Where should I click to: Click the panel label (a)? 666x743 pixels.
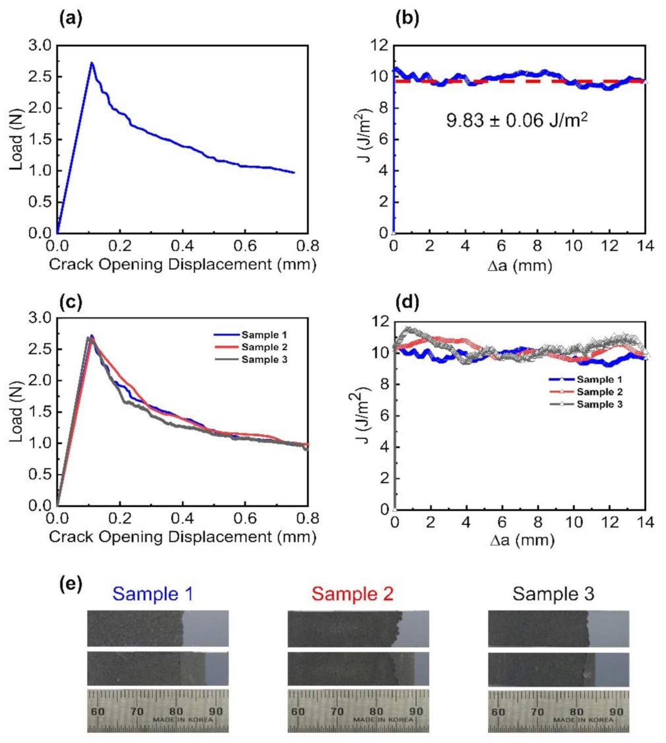tap(70, 19)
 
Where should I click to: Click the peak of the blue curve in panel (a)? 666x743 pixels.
tap(92, 63)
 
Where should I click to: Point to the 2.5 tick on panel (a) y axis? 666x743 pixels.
tap(40, 77)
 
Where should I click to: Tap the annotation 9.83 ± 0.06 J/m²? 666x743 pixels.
tap(517, 120)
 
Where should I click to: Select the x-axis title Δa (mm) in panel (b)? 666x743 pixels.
tap(520, 265)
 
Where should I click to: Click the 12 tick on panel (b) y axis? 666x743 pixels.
tap(379, 46)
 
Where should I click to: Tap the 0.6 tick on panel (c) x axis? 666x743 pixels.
tap(245, 518)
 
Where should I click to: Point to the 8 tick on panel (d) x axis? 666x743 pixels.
tap(538, 522)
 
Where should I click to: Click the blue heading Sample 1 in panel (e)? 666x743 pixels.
tap(152, 593)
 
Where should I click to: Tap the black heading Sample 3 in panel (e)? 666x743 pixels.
tap(553, 593)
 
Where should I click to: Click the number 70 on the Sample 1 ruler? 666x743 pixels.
tap(137, 711)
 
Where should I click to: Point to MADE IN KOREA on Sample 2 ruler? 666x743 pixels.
tap(375, 719)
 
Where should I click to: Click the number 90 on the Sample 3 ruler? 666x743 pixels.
tap(616, 711)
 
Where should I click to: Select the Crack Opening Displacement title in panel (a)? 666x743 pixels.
tap(182, 264)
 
